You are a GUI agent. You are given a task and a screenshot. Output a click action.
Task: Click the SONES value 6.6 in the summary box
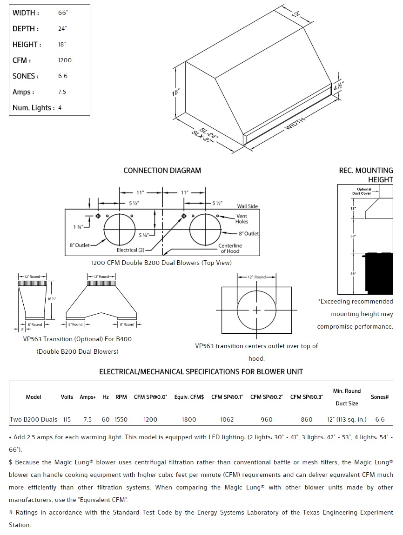tap(62, 76)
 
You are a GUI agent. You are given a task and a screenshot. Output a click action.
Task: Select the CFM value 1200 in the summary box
tap(65, 60)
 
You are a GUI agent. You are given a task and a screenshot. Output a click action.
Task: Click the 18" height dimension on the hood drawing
tap(175, 92)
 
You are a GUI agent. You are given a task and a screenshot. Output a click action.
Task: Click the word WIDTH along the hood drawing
tap(295, 124)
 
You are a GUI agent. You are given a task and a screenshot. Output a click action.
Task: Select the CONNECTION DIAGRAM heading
tap(162, 171)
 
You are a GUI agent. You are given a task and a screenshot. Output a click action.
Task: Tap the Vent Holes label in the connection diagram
tap(242, 219)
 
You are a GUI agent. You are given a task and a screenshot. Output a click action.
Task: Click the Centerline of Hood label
tap(230, 248)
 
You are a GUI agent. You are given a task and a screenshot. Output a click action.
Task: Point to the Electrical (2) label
tap(127, 250)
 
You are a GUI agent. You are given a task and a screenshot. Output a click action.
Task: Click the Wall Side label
tap(247, 206)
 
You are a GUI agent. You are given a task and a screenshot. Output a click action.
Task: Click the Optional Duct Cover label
tap(364, 191)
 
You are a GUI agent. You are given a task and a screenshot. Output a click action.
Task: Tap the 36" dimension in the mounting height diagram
tap(353, 274)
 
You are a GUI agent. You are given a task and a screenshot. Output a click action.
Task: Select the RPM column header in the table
tap(121, 397)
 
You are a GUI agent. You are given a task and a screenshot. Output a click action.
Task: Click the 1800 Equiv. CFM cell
tap(188, 419)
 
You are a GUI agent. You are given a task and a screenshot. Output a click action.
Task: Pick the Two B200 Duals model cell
tap(34, 419)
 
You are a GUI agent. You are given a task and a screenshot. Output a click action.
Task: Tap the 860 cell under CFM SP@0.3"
tap(307, 419)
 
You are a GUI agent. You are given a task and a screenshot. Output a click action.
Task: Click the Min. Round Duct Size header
tap(347, 397)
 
